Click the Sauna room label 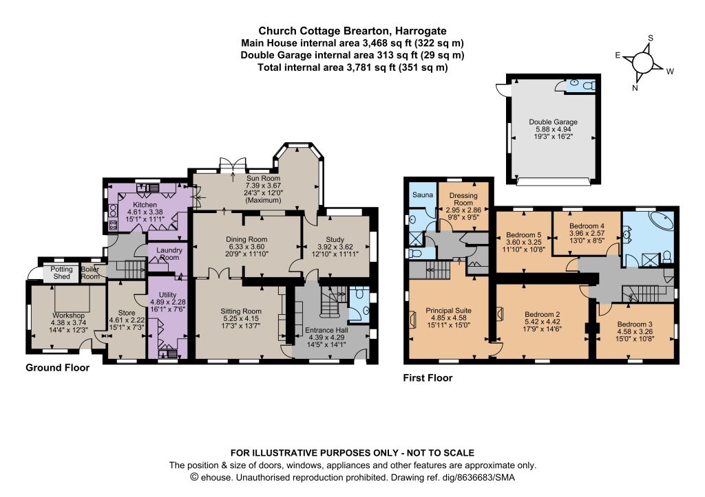pyautogui.click(x=423, y=195)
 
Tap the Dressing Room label pyautogui.click(x=463, y=199)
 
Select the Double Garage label pyautogui.click(x=553, y=122)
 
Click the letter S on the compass pyautogui.click(x=650, y=38)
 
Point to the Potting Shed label pyautogui.click(x=61, y=272)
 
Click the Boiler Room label pyautogui.click(x=90, y=272)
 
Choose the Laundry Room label pyautogui.click(x=169, y=254)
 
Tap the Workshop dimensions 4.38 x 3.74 pyautogui.click(x=68, y=323)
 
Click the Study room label pyautogui.click(x=335, y=240)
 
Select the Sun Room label pyautogui.click(x=263, y=178)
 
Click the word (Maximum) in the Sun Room pyautogui.click(x=263, y=200)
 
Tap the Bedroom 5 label pyautogui.click(x=524, y=235)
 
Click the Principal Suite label pyautogui.click(x=448, y=310)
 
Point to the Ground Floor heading pyautogui.click(x=58, y=368)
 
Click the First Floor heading pyautogui.click(x=428, y=378)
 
